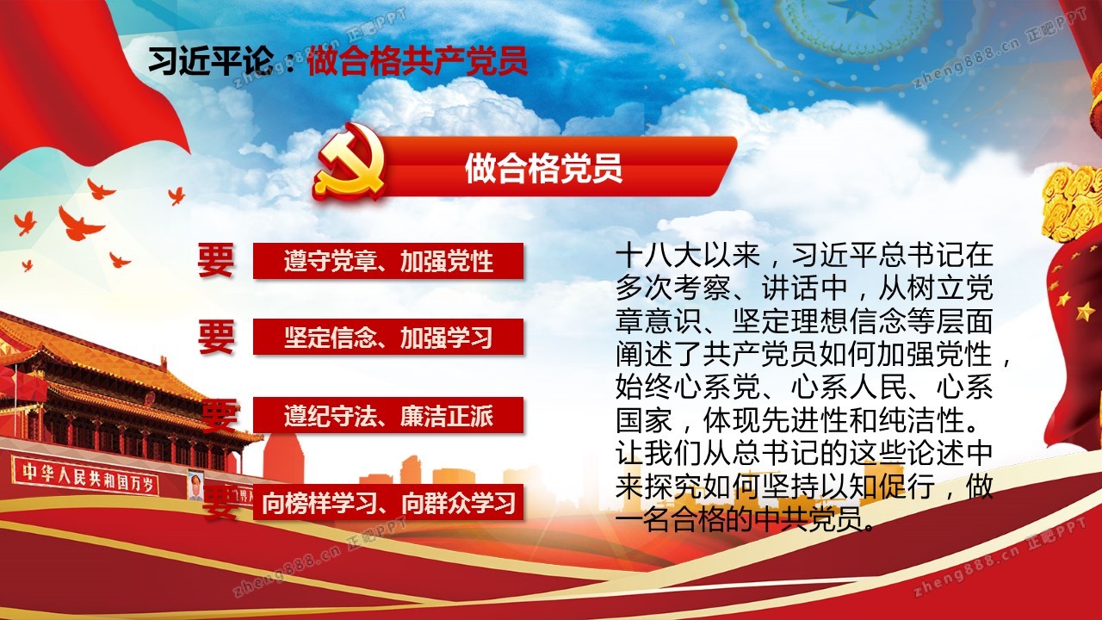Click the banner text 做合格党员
[543, 169]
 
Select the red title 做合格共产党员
[418, 61]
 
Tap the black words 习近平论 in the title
[211, 61]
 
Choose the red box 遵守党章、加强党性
[388, 261]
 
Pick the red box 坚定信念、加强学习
[388, 337]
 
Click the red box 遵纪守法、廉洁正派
[388, 416]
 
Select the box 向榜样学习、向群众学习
[388, 502]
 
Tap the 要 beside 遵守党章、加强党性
[216, 260]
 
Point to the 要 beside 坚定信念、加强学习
[216, 337]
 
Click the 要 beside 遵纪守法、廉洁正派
[220, 416]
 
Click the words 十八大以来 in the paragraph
[688, 255]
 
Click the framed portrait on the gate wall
[195, 486]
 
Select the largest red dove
[80, 225]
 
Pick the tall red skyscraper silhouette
[283, 462]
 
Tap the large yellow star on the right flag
[1085, 311]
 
